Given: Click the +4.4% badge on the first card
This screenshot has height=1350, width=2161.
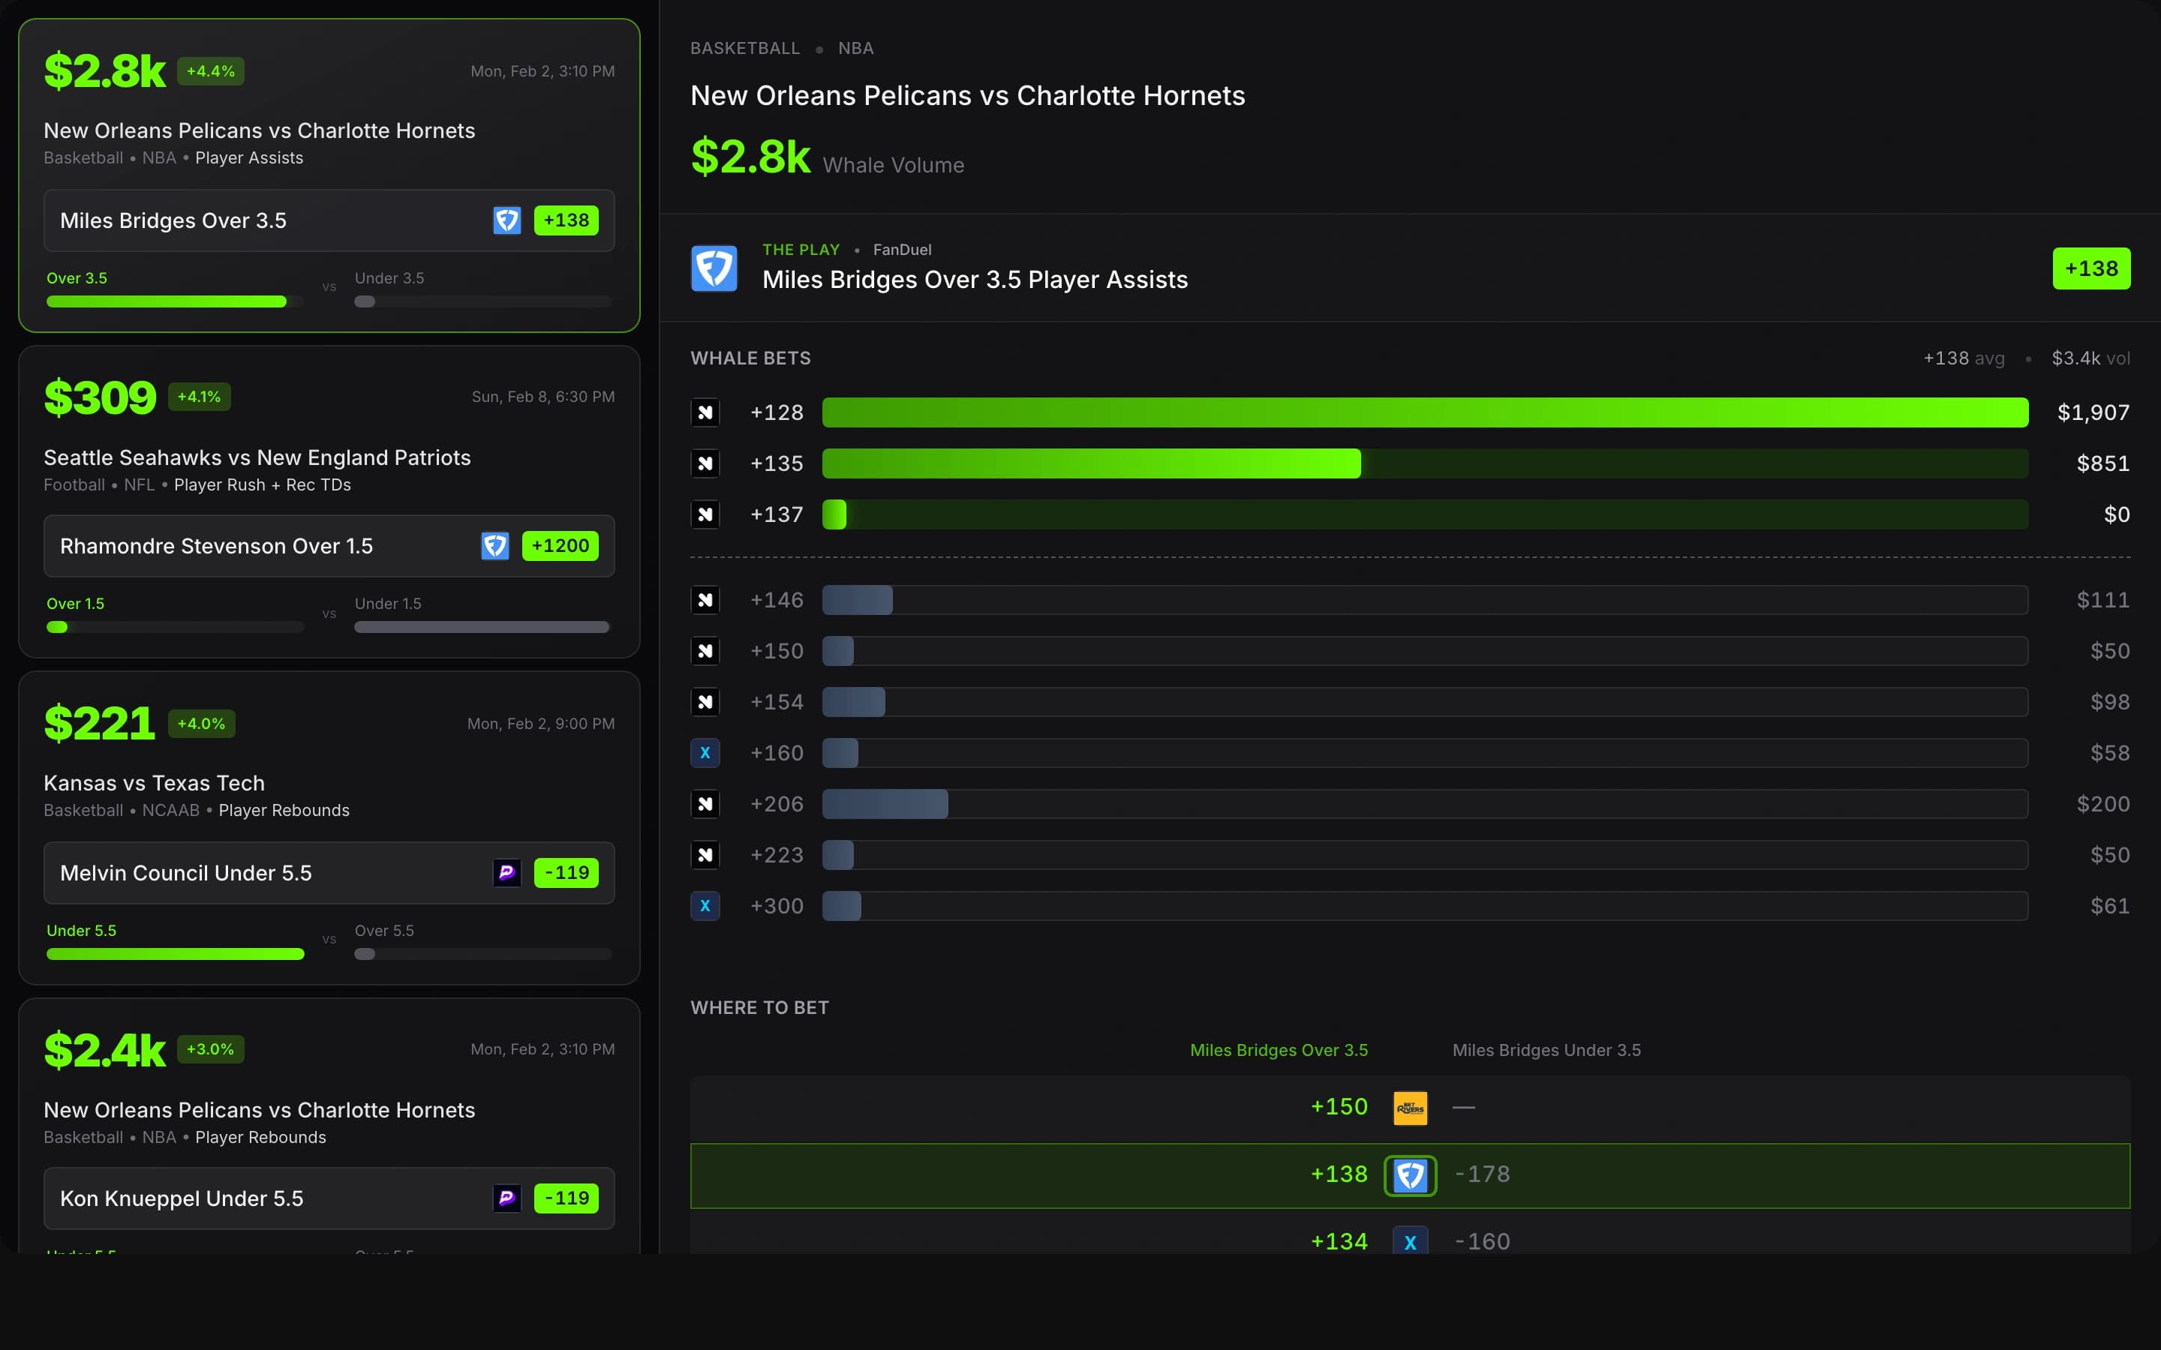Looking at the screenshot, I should tap(210, 71).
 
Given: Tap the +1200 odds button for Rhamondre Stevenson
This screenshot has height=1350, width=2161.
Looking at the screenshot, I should tap(560, 545).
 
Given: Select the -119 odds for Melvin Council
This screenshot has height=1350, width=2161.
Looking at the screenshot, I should tap(567, 872).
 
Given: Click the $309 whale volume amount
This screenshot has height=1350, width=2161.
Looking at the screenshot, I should tap(100, 397).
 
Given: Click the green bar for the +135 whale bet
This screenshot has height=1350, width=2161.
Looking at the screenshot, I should tap(1090, 463).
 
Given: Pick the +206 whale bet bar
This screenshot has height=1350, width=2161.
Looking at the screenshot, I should tap(885, 803).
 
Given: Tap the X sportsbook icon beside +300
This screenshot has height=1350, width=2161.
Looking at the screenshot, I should tap(705, 905).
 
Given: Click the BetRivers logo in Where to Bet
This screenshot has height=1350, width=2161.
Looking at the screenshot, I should tap(1410, 1108).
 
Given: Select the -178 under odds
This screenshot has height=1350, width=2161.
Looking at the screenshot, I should tap(1483, 1174).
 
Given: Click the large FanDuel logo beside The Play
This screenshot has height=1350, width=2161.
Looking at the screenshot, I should tap(714, 268).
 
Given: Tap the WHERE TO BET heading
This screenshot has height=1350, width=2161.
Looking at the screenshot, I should tap(759, 1007).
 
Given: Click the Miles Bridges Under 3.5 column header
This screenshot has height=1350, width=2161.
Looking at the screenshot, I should tap(1546, 1050).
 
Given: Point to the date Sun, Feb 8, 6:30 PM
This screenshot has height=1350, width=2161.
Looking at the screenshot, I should tap(543, 397).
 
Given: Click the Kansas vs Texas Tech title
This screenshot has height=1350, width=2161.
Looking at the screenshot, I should tap(155, 783).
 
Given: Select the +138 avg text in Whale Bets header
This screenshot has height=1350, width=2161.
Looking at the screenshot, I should tap(1963, 358).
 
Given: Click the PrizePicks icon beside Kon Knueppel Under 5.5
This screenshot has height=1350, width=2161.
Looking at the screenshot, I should tap(506, 1198).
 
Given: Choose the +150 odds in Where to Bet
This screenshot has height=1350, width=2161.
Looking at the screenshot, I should tap(1339, 1107).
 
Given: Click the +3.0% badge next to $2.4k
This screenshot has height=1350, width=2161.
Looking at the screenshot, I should tap(210, 1049).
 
